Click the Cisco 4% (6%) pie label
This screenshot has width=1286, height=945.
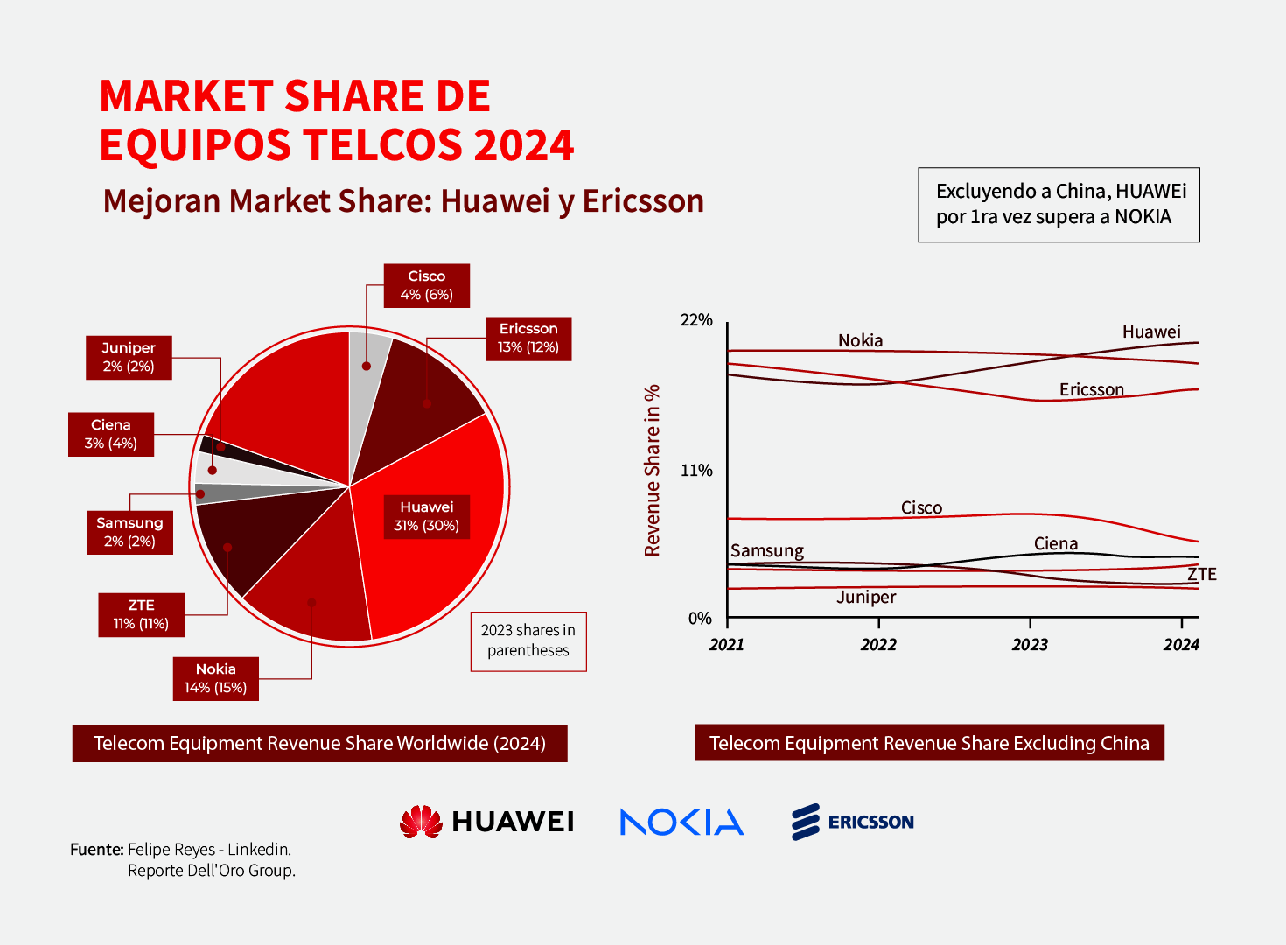(x=426, y=285)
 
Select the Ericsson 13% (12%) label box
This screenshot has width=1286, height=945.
(x=528, y=339)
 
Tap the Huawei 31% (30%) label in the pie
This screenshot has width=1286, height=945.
(x=426, y=516)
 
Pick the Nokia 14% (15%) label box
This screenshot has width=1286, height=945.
(x=215, y=678)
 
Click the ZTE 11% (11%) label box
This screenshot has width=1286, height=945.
(x=141, y=614)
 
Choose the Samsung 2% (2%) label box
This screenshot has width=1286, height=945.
(x=129, y=532)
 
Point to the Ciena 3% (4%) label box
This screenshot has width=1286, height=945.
(x=111, y=434)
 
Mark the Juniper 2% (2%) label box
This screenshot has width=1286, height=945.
(x=129, y=357)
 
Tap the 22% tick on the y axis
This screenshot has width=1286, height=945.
(x=696, y=320)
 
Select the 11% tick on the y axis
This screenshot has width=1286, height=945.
(x=696, y=471)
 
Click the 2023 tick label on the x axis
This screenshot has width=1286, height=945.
(x=1030, y=645)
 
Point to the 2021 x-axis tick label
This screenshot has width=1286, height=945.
(x=727, y=645)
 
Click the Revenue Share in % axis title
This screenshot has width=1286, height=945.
(x=652, y=471)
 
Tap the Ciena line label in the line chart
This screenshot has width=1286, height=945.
(x=1056, y=543)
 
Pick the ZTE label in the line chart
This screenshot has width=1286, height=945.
(x=1202, y=574)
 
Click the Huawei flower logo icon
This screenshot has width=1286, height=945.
(x=421, y=822)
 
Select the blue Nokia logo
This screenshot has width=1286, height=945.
(x=681, y=822)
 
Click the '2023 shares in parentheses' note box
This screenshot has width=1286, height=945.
(x=528, y=640)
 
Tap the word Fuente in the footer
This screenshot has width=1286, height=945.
(x=96, y=849)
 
